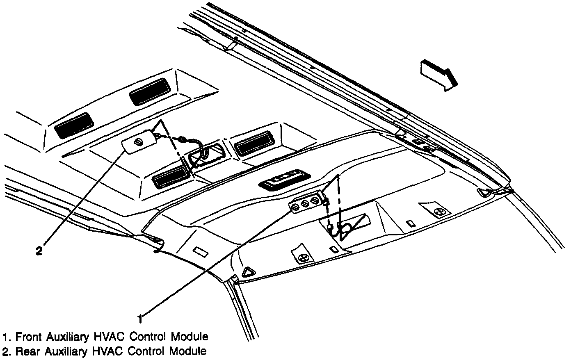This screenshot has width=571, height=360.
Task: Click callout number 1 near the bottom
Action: point(140,318)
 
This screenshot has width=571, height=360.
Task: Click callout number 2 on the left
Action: point(39,251)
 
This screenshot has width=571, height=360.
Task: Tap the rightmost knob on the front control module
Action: point(315,201)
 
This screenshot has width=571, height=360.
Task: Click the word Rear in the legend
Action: point(27,351)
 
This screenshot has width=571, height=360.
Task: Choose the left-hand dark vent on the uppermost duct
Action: point(75,125)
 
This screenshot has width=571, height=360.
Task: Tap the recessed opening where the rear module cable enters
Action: point(205,154)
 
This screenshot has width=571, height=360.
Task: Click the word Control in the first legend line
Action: point(149,337)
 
